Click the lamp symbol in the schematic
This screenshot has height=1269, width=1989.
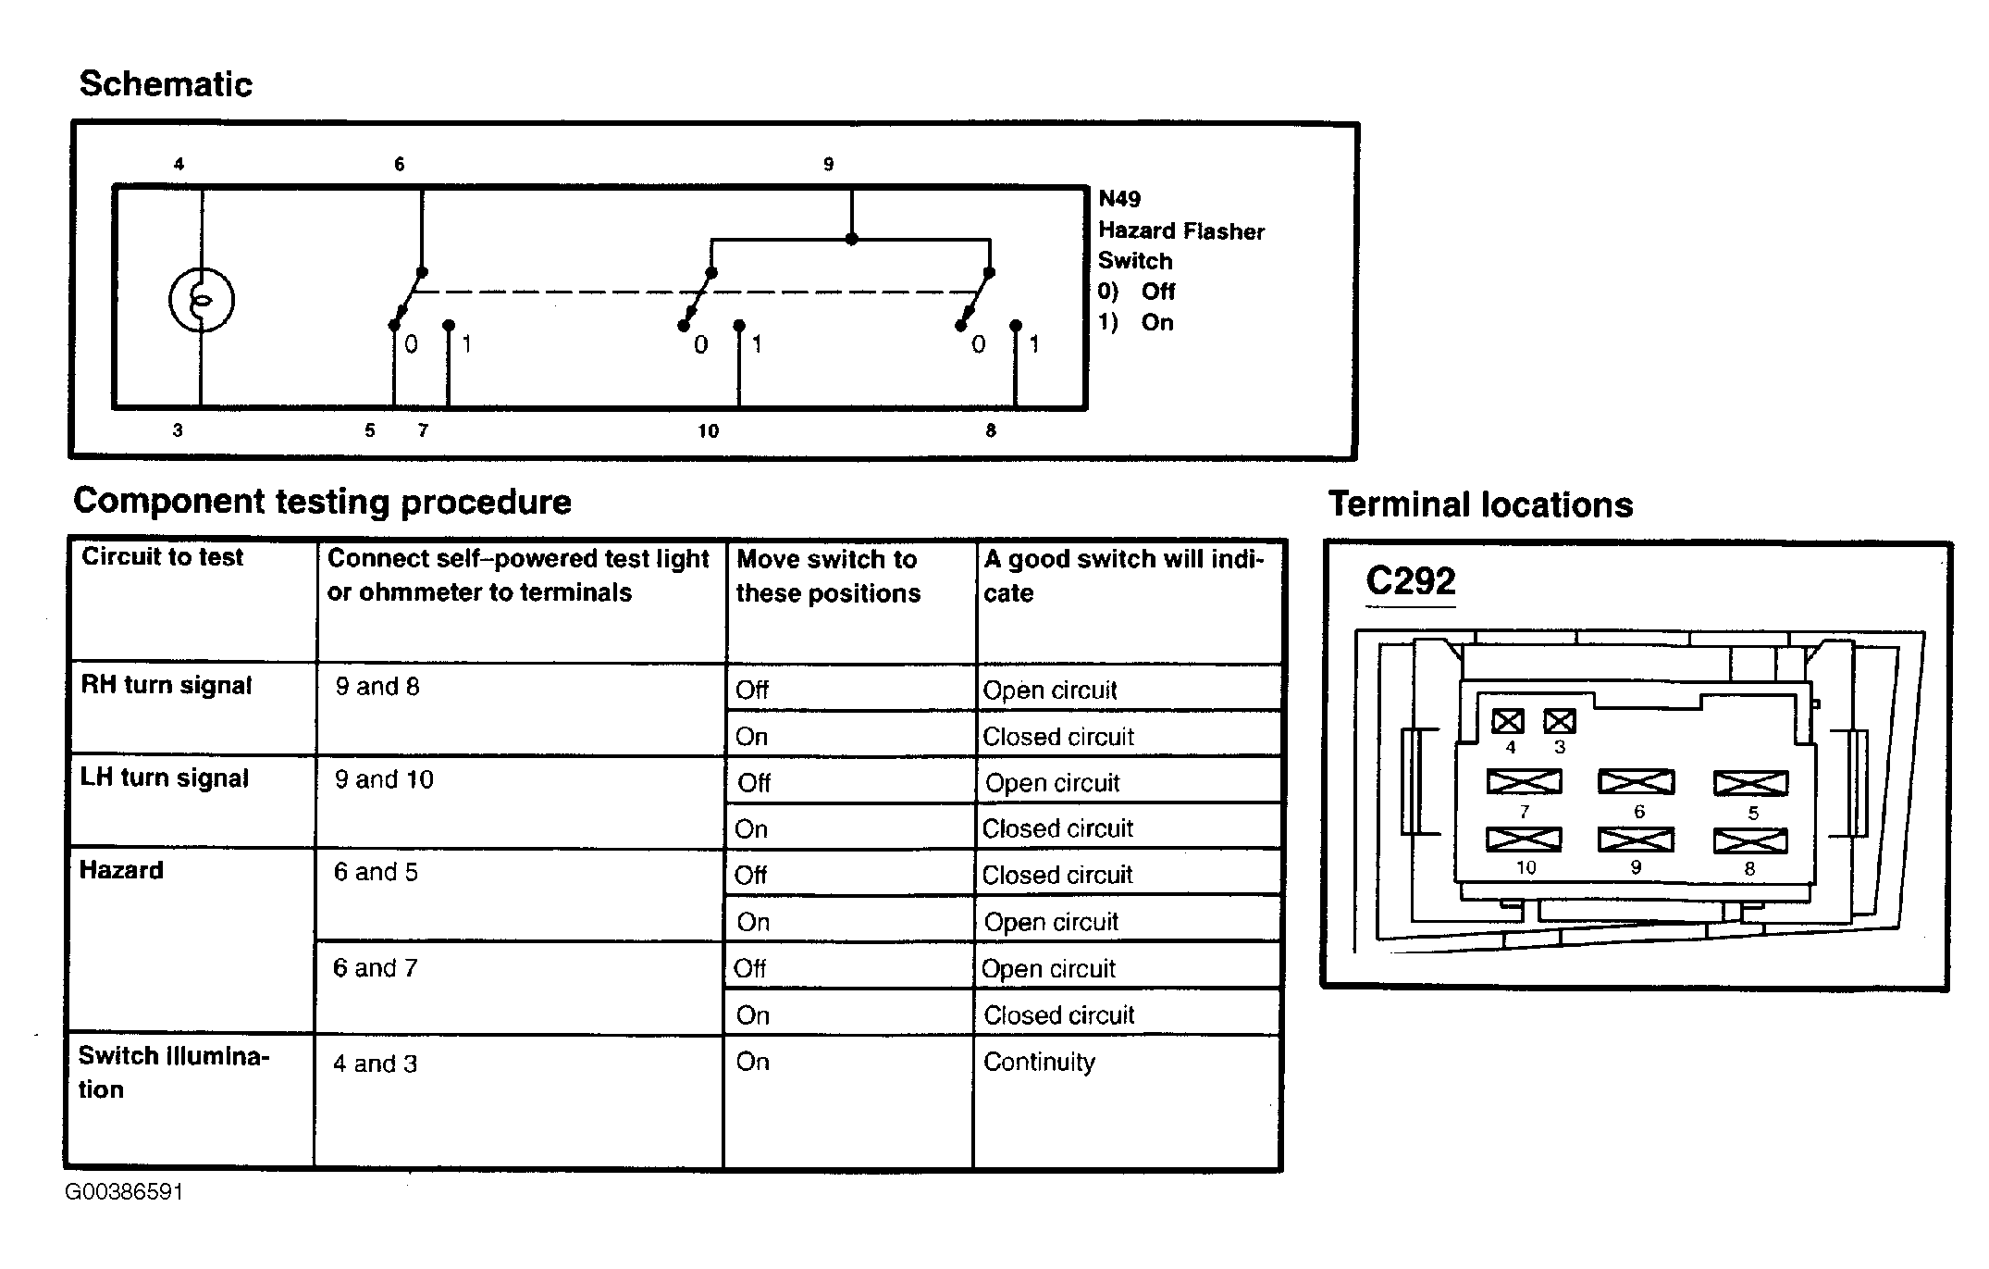coord(201,300)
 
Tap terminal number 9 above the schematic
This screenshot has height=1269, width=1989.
coord(828,165)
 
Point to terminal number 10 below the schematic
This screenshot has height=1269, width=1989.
coord(708,430)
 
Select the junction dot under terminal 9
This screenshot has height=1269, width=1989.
coord(851,239)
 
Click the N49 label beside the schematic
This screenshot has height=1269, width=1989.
coord(1119,199)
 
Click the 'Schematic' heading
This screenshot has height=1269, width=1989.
coord(166,84)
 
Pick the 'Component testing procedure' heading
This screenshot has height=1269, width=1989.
coord(322,502)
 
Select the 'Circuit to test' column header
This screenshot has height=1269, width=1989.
coord(162,557)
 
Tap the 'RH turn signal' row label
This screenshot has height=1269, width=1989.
coord(167,686)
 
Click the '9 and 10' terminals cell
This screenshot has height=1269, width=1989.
coord(384,779)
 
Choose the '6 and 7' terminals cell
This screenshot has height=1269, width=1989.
coord(376,968)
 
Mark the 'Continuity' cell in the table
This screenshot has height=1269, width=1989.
coord(1039,1062)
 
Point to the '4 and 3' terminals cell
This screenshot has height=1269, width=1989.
coord(375,1064)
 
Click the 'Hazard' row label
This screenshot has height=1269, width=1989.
coord(121,870)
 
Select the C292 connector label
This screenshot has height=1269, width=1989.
coord(1410,581)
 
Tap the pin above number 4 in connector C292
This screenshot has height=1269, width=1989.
coord(1508,721)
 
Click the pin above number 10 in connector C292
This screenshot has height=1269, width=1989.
coord(1524,840)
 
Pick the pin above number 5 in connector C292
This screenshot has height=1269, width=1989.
coord(1750,783)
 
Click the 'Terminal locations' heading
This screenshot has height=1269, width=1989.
coord(1480,505)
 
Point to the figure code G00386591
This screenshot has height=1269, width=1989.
coord(124,1192)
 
